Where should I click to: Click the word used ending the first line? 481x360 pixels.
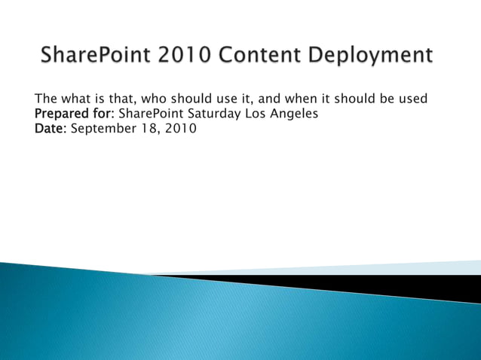click(411, 99)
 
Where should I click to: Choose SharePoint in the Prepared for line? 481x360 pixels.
click(149, 114)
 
